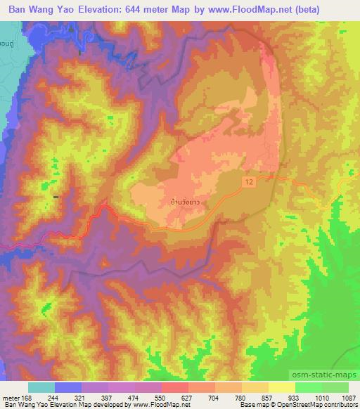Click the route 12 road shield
(250, 181)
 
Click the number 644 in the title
(143, 10)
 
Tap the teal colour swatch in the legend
(41, 387)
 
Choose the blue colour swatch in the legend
(67, 387)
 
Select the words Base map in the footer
(251, 404)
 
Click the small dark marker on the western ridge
(56, 197)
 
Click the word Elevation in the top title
(96, 10)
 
